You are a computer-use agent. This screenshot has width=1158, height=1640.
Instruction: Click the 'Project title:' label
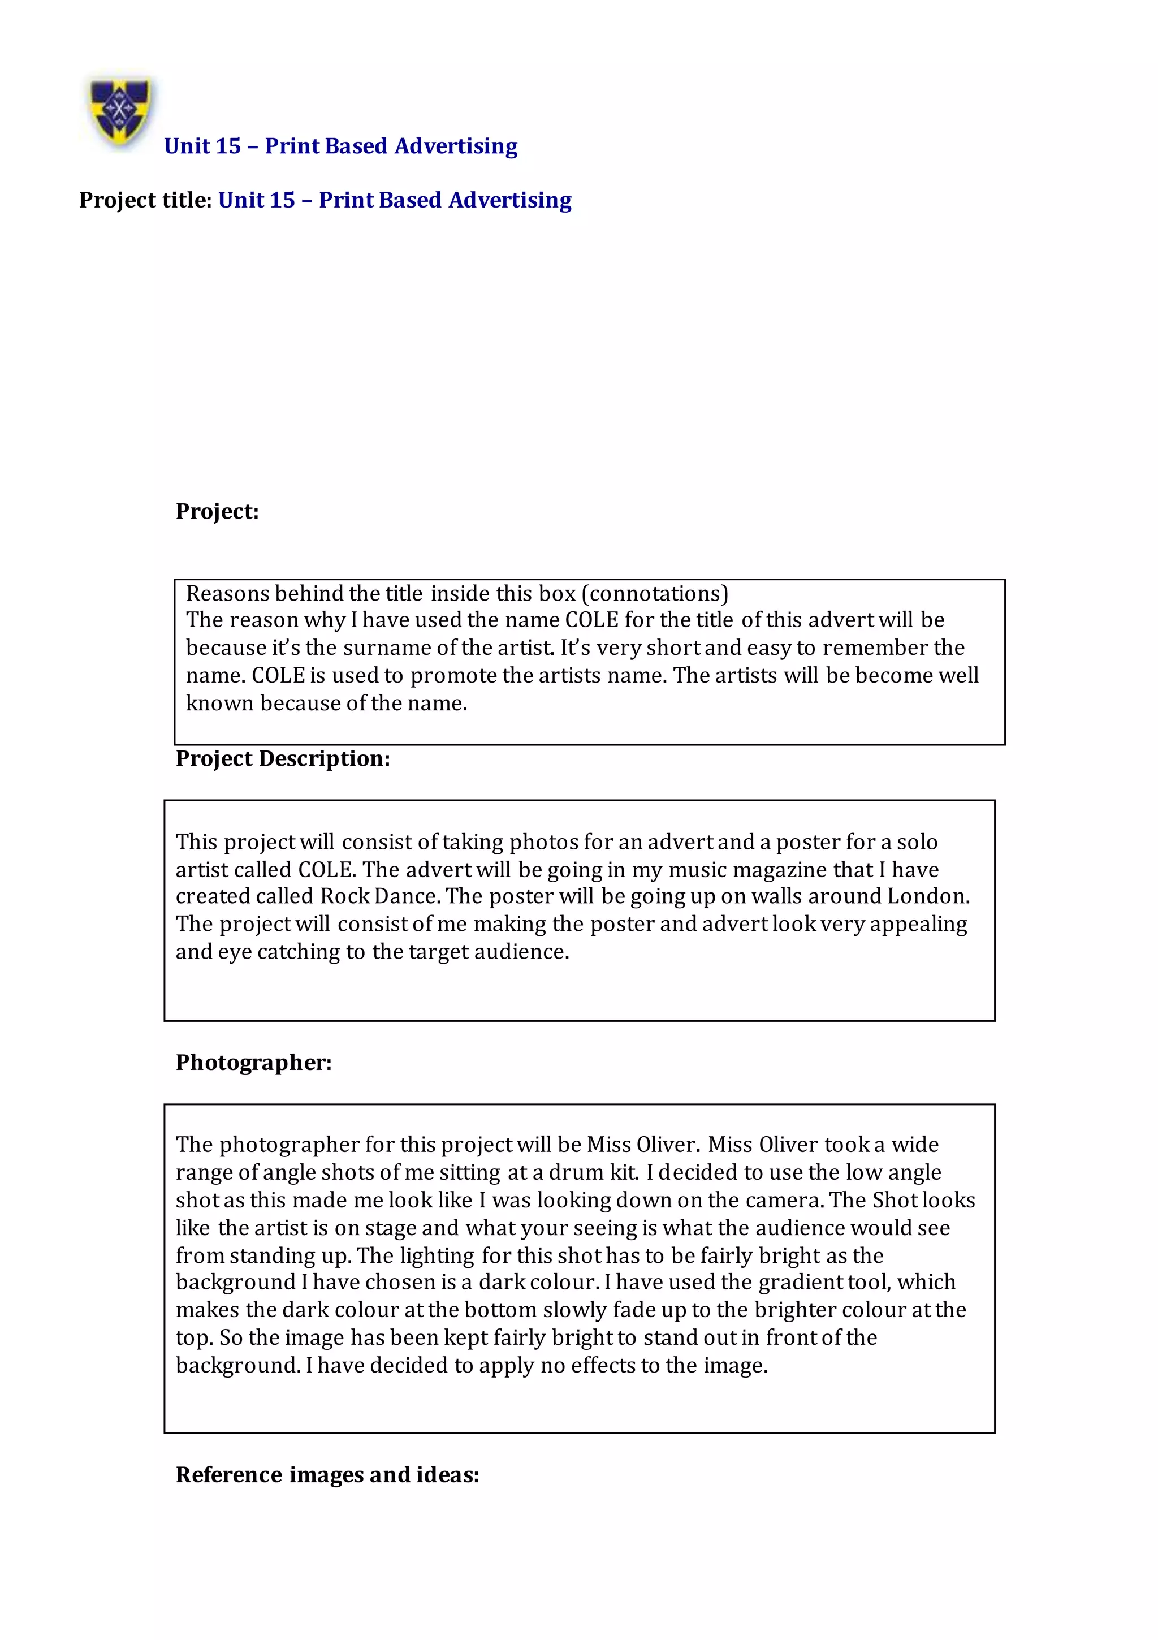145,201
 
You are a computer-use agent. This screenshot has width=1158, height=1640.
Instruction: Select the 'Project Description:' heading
283,758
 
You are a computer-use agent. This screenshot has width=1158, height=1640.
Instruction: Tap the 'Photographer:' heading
254,1063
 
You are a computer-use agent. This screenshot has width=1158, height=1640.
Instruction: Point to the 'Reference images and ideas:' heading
327,1475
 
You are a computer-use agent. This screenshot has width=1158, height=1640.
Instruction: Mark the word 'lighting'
437,1255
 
